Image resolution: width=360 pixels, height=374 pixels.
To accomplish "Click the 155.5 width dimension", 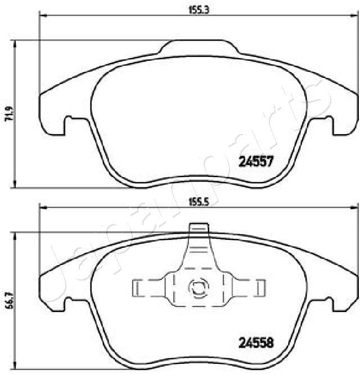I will (199, 204).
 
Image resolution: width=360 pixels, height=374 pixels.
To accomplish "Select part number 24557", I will (256, 162).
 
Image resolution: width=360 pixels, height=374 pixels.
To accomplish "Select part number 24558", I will (256, 341).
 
